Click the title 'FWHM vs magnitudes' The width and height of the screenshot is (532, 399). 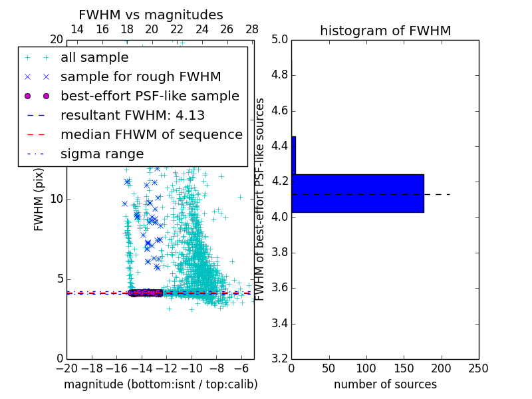pos(150,15)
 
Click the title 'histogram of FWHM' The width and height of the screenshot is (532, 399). pos(385,31)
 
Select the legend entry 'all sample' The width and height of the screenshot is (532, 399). pos(94,58)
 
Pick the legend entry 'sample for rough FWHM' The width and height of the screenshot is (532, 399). pos(140,76)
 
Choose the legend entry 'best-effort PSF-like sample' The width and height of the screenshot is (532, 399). pos(150,96)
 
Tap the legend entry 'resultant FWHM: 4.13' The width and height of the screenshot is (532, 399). pos(132,115)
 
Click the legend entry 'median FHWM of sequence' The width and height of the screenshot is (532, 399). pos(151,134)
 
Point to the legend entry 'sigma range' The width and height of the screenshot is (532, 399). pos(102,154)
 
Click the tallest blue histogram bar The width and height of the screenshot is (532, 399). pos(358,193)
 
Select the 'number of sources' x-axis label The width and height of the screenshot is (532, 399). pos(385,384)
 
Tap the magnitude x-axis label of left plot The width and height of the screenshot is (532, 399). pos(160,384)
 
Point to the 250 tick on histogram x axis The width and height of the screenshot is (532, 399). pos(478,368)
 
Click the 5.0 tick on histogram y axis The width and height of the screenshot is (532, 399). pos(279,39)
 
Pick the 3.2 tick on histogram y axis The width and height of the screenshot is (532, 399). pos(279,359)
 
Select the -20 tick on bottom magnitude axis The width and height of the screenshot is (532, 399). pos(66,368)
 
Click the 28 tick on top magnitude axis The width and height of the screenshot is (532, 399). pos(252,29)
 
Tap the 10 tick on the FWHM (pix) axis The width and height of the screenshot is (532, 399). pos(57,199)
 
